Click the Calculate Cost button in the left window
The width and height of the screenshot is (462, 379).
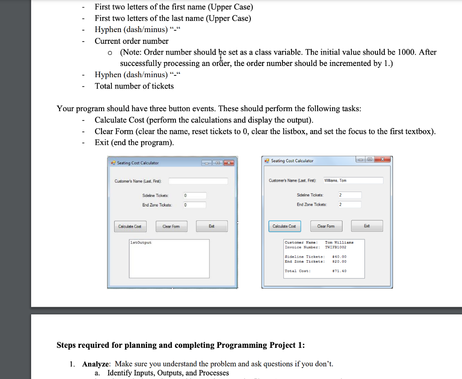click(129, 226)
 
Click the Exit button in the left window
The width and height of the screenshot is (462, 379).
click(212, 226)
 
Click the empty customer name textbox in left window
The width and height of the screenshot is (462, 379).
click(198, 181)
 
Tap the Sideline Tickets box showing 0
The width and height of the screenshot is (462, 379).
click(194, 196)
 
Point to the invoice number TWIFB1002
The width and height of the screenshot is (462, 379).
click(336, 247)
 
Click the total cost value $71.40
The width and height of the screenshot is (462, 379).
click(339, 271)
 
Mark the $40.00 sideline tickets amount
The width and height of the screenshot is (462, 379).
click(339, 257)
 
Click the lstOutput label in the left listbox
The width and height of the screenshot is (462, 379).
click(141, 243)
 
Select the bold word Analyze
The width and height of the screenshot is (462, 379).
click(97, 364)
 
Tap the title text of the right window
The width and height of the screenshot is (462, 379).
click(292, 161)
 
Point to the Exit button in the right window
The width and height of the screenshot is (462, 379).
click(367, 226)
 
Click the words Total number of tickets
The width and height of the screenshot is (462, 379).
click(134, 86)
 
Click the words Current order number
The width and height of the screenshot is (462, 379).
click(131, 41)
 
